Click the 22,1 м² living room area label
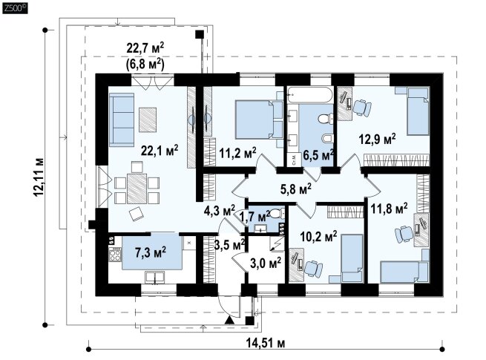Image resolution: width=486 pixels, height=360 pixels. point(160,150)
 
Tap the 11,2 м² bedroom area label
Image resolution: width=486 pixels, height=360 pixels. point(237,152)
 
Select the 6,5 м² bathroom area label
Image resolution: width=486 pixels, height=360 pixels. point(318,154)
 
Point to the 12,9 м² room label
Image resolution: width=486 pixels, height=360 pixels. point(377,139)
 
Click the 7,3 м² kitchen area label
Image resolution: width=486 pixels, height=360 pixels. point(151,252)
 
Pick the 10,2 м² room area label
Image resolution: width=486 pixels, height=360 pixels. point(318,238)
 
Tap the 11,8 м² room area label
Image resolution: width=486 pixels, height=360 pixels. point(389,209)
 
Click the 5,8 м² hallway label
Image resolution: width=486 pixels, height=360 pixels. point(296,189)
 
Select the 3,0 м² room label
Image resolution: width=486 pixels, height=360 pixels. point(266,264)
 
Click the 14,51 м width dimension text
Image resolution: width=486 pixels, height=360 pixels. point(266,343)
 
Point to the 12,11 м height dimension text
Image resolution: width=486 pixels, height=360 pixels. point(39,177)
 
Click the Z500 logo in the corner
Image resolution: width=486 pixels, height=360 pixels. point(15,8)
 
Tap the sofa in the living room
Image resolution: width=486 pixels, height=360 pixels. point(122,120)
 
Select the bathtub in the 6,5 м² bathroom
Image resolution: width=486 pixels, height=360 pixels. point(310,95)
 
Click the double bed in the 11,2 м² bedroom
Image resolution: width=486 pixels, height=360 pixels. point(259,119)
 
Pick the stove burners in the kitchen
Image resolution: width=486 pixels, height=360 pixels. point(115,255)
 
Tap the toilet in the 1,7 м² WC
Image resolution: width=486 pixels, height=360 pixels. point(276,213)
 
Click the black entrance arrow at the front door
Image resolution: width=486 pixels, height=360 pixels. point(230,320)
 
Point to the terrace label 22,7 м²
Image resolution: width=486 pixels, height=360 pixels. point(145,48)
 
